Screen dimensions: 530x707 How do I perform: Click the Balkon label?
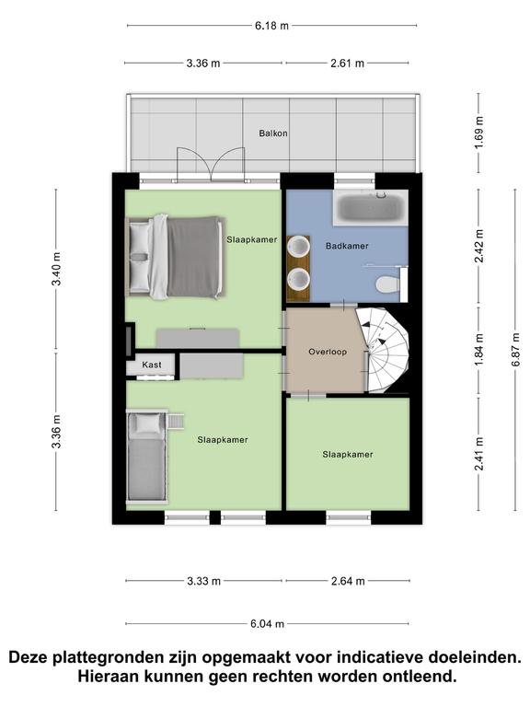pos(273,133)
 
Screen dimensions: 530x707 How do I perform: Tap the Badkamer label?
pos(347,246)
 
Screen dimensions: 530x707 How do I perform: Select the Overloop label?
pos(328,352)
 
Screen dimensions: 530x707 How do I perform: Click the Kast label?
pos(152,365)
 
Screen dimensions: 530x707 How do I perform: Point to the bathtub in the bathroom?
pos(371,208)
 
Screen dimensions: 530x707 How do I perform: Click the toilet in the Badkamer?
pos(387,284)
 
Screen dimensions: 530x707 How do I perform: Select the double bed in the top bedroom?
pos(175,257)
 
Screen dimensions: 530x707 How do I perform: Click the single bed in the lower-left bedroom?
pos(146,457)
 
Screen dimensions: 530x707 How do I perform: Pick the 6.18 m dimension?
pos(271,26)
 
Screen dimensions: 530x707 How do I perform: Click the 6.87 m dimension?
pos(515,350)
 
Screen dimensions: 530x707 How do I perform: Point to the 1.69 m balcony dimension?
pos(478,133)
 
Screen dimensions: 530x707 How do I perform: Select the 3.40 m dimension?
pos(56,269)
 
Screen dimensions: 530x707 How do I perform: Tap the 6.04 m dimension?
pos(267,624)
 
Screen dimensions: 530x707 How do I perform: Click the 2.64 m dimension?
pos(348,581)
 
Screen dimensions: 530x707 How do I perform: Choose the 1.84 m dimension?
pos(478,351)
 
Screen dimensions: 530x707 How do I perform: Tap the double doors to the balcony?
pos(211,165)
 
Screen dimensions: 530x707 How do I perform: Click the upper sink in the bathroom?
pos(298,246)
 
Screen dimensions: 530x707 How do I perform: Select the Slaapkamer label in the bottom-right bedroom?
pos(348,455)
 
